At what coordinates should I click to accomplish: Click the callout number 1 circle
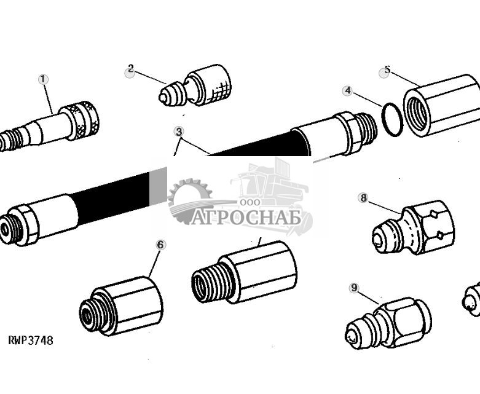43,79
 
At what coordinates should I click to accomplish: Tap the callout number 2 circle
131,69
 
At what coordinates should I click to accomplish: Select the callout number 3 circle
179,132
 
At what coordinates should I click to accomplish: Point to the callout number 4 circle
348,90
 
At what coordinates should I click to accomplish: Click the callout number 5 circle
387,70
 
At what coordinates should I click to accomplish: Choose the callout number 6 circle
161,245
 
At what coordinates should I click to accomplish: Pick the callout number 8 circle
363,198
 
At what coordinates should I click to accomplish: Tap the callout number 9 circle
354,288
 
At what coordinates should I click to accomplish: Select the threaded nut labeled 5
441,106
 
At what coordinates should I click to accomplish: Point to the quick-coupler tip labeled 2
195,85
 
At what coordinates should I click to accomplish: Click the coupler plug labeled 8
413,227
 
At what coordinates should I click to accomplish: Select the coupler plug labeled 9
388,323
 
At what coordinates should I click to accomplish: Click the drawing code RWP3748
31,340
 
